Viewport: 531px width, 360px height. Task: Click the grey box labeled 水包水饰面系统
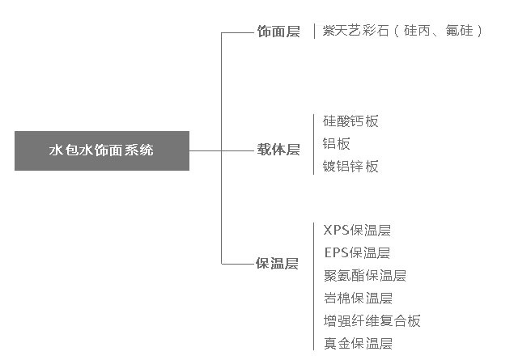click(102, 151)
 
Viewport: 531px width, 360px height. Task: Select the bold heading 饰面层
click(278, 32)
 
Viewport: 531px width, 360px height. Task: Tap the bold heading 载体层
click(278, 150)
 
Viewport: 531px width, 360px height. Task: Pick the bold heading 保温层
click(277, 263)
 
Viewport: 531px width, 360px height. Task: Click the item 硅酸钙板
click(350, 121)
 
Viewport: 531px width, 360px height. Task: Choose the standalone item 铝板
click(336, 143)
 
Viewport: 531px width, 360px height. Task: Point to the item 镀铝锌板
click(350, 166)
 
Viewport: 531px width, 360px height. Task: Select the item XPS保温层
click(357, 231)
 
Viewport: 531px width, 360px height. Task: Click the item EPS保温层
click(357, 252)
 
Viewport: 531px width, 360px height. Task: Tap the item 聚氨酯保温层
click(365, 275)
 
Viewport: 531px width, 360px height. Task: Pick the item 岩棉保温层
click(359, 298)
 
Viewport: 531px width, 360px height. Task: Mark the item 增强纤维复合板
click(372, 320)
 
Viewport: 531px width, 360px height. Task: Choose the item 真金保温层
click(359, 344)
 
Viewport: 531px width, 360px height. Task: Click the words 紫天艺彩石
click(355, 31)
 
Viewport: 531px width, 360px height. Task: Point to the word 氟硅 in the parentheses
click(459, 31)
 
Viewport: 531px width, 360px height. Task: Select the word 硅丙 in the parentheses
click(417, 31)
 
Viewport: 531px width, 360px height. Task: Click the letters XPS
click(336, 231)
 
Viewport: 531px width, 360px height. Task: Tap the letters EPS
click(336, 252)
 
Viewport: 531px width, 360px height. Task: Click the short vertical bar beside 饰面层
click(315, 31)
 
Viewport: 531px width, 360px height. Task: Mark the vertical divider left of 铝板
click(313, 145)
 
